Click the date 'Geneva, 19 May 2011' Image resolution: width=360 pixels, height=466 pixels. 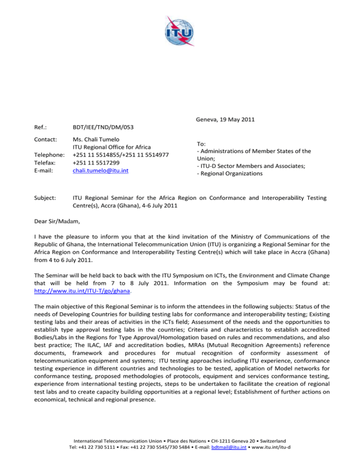[x=225, y=119]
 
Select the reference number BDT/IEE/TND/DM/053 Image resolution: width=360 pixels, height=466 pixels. [x=104, y=127]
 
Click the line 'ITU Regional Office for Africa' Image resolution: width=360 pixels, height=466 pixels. [x=111, y=148]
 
